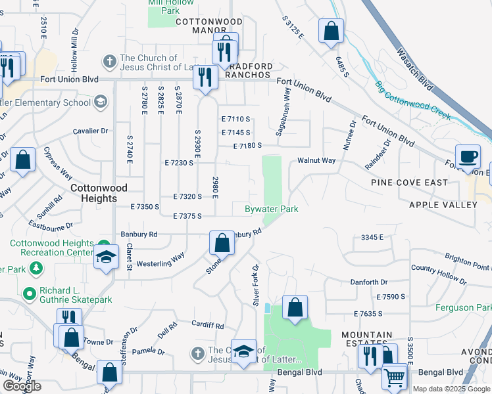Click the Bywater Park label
(272, 209)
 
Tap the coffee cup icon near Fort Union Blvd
(468, 157)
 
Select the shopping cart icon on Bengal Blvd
(395, 377)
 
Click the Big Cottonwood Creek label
(413, 101)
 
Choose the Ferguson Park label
(463, 307)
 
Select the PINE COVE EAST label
(401, 183)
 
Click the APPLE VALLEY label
(443, 205)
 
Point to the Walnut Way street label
(316, 160)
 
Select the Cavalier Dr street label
(91, 131)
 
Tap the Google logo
(21, 387)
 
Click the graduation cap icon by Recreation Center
(105, 257)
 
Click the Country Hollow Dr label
(439, 274)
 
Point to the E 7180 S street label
(248, 145)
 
